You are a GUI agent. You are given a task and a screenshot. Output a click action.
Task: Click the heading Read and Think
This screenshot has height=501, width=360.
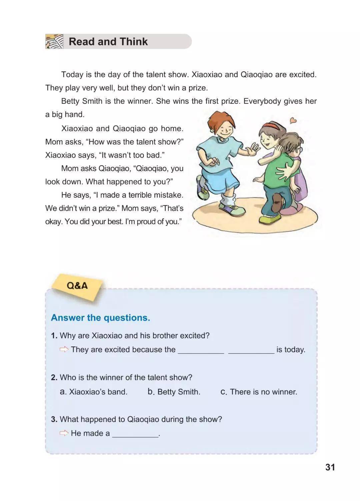tap(108, 42)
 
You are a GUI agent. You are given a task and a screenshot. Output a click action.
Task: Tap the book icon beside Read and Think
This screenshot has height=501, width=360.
tap(54, 42)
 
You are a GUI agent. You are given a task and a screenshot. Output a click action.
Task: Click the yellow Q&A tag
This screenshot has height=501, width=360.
tap(77, 286)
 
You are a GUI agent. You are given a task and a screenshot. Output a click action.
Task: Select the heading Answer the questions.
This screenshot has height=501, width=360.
tap(100, 318)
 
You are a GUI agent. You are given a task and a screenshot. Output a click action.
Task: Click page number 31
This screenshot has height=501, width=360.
tap(330, 467)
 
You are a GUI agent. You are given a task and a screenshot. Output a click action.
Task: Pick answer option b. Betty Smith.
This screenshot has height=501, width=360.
tap(174, 392)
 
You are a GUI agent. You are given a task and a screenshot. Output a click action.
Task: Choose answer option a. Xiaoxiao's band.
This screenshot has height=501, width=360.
tap(94, 392)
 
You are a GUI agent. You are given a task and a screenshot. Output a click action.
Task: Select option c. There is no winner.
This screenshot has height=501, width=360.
tap(259, 392)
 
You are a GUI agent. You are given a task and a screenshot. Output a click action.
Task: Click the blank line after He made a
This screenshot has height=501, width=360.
tap(135, 434)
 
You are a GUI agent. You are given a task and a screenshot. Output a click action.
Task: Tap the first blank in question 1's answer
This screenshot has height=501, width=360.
tap(201, 350)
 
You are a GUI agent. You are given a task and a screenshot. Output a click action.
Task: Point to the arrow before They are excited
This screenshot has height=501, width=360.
tap(64, 349)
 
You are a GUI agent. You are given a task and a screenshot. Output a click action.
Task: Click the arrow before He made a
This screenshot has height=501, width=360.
tap(64, 433)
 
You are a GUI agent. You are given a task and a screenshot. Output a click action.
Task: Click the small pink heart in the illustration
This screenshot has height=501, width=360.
tap(293, 120)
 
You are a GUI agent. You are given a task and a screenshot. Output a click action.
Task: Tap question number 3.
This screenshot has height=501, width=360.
tap(54, 419)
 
